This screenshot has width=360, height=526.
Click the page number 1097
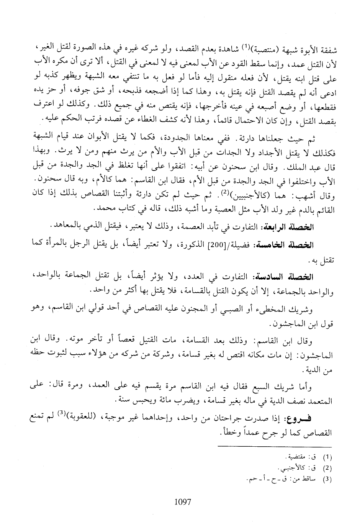tap(182, 501)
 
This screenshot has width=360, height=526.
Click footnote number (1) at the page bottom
tap(328, 457)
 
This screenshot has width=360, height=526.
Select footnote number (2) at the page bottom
tap(328, 468)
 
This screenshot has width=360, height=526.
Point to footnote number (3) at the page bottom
tap(328, 478)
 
